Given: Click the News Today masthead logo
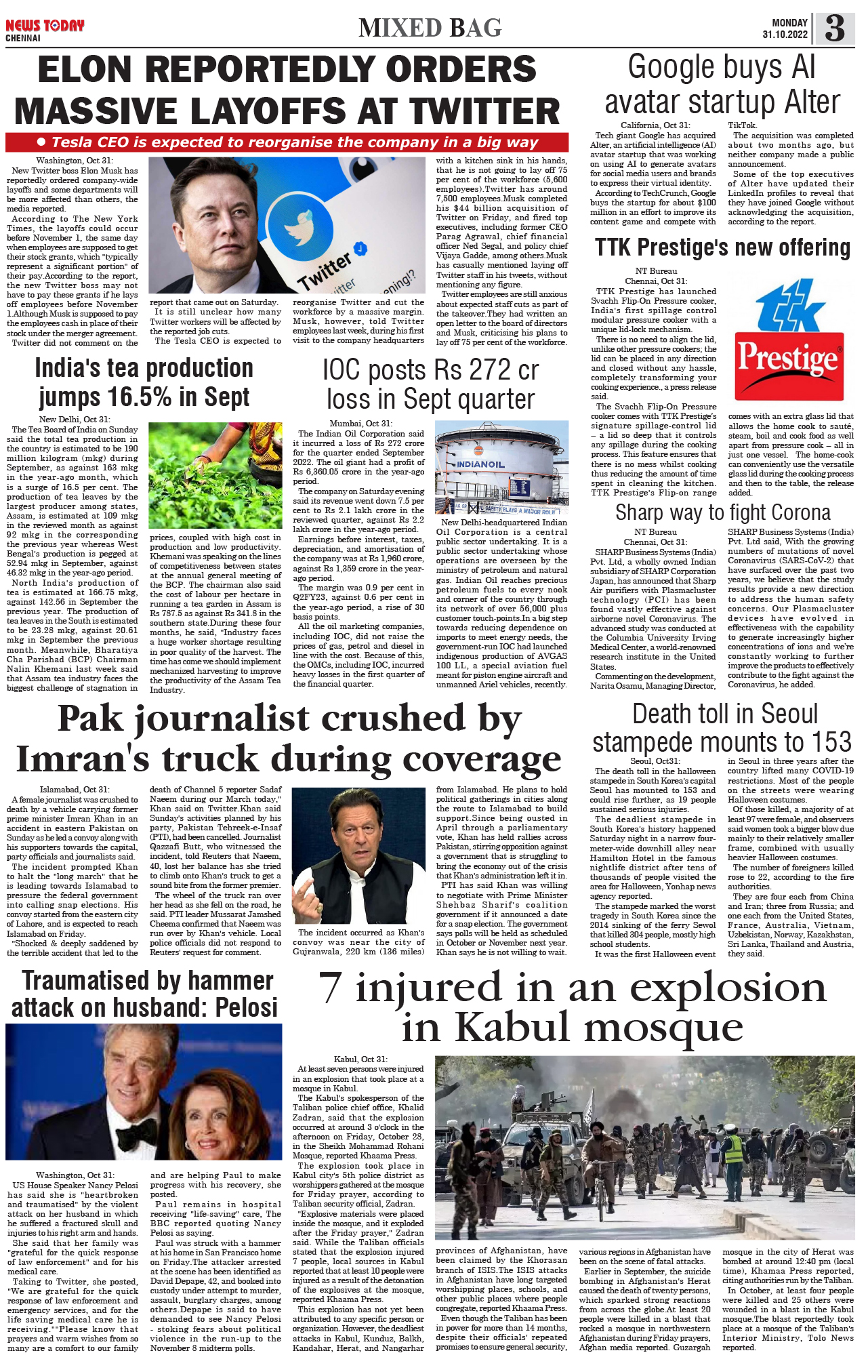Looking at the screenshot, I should [45, 26].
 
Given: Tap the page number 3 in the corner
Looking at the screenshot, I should [835, 28].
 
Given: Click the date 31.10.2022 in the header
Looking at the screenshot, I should [785, 35].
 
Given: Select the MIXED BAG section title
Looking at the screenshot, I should [430, 28].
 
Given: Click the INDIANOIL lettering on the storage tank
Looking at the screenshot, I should [480, 464].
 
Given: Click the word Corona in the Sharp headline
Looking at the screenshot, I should [793, 512].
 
